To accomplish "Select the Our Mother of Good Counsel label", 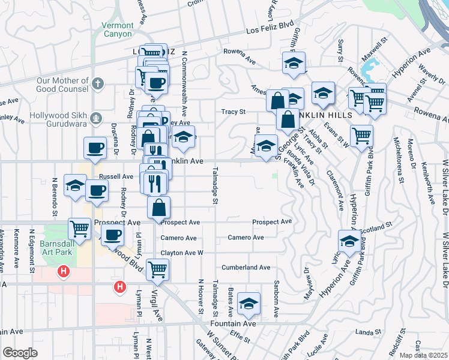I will click(x=62, y=85).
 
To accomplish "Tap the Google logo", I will click(x=20, y=353).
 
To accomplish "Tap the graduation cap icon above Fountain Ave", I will click(x=248, y=304).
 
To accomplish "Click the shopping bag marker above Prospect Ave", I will click(x=158, y=208).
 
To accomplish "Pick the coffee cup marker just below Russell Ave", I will click(x=97, y=191).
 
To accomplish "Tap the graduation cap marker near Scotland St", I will click(x=349, y=241).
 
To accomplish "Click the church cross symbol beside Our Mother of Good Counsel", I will click(x=98, y=85).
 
